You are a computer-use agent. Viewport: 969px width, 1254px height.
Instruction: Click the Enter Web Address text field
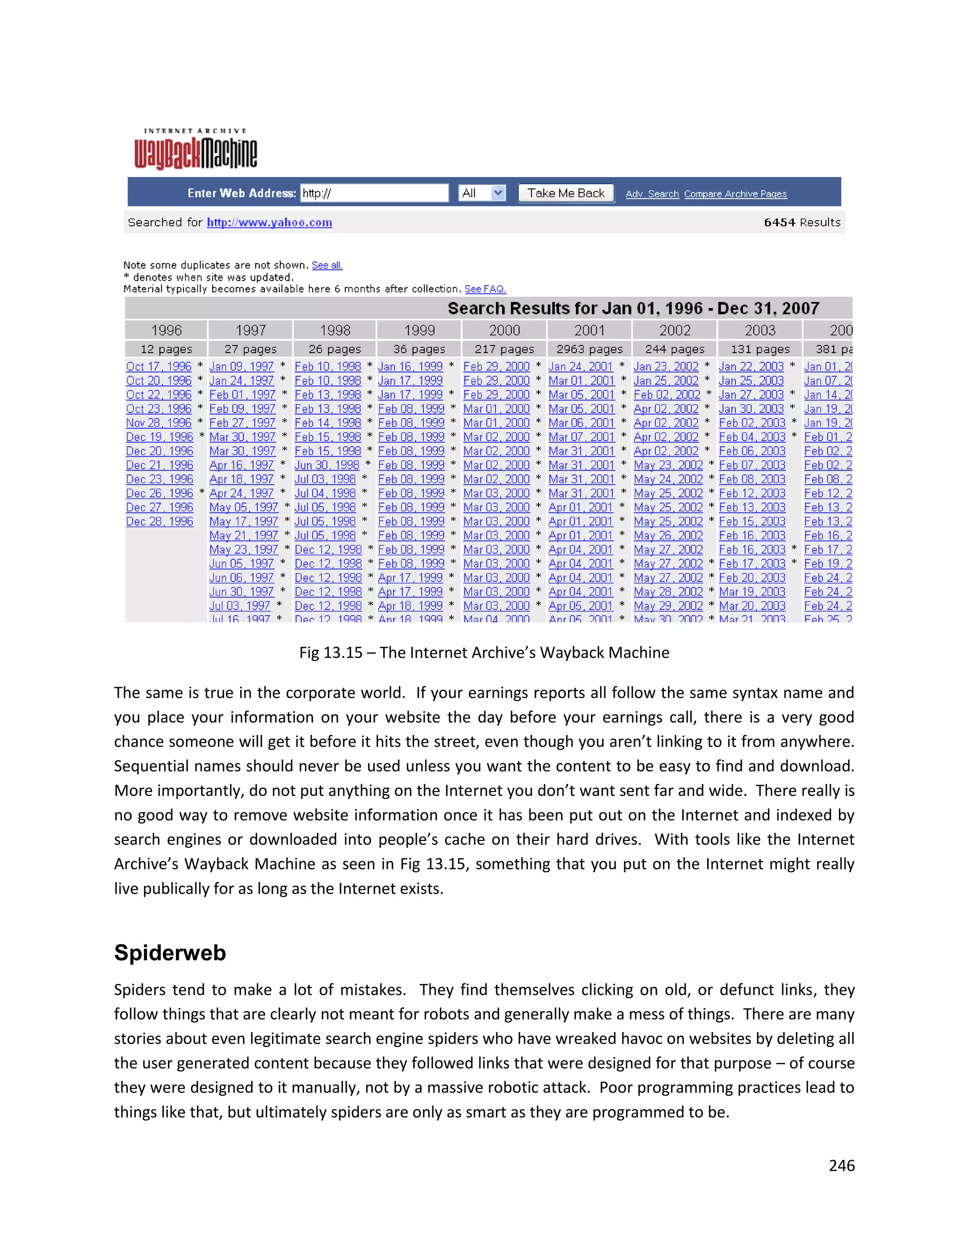(x=374, y=193)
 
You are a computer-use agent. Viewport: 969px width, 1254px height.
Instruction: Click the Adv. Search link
(x=652, y=194)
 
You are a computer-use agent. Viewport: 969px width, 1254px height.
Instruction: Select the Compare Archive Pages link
(x=735, y=194)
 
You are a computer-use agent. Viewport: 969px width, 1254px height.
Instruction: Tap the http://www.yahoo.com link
(x=269, y=222)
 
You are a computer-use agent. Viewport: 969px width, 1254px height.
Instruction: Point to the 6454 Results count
(x=802, y=222)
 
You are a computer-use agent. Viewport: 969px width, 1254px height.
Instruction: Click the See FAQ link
(x=485, y=289)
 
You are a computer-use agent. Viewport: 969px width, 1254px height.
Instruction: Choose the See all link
(x=326, y=265)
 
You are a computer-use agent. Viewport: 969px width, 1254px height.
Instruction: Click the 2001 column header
(x=589, y=330)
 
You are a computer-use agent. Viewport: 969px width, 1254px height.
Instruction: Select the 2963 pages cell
(x=589, y=349)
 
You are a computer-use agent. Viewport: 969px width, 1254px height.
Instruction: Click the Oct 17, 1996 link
(x=159, y=366)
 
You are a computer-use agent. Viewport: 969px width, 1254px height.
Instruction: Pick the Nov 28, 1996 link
(x=159, y=423)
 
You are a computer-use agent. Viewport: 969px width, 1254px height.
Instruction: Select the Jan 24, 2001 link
(x=581, y=366)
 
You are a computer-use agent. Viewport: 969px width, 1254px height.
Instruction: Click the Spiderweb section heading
(x=170, y=953)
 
